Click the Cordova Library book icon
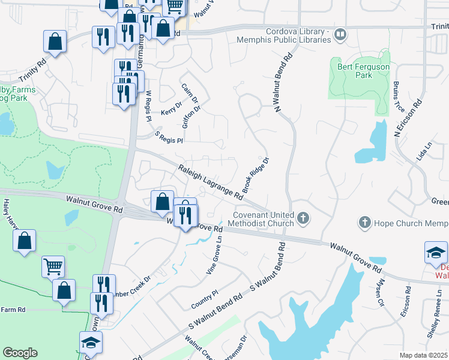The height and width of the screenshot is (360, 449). [x=340, y=35]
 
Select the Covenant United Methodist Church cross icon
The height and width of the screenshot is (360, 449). [x=304, y=218]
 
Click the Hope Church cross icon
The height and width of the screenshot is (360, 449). [x=364, y=223]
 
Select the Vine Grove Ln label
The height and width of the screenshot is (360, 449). [x=215, y=254]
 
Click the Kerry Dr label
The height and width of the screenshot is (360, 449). [x=171, y=112]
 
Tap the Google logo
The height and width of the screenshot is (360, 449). [x=20, y=353]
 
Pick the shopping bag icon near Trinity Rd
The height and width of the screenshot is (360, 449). [x=55, y=42]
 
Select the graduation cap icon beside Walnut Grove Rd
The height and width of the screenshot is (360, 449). [x=436, y=253]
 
